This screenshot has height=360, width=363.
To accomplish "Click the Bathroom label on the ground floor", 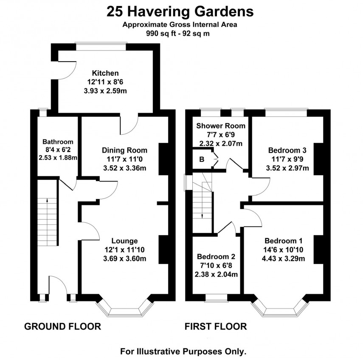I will [58, 142].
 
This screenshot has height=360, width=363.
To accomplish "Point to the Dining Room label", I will [124, 150].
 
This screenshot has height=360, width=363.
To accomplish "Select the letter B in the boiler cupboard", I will [202, 159].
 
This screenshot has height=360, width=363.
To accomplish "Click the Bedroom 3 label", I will [287, 150].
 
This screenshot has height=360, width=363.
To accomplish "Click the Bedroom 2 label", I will [216, 257].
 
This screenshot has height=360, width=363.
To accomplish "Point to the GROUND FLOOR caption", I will [62, 326].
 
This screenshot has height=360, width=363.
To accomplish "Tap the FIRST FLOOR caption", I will [216, 326].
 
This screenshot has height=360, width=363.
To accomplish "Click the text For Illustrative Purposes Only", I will [183, 351].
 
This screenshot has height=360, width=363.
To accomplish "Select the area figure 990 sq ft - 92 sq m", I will [180, 33].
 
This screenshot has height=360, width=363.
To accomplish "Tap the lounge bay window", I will [124, 307].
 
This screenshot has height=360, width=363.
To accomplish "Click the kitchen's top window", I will [101, 43].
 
